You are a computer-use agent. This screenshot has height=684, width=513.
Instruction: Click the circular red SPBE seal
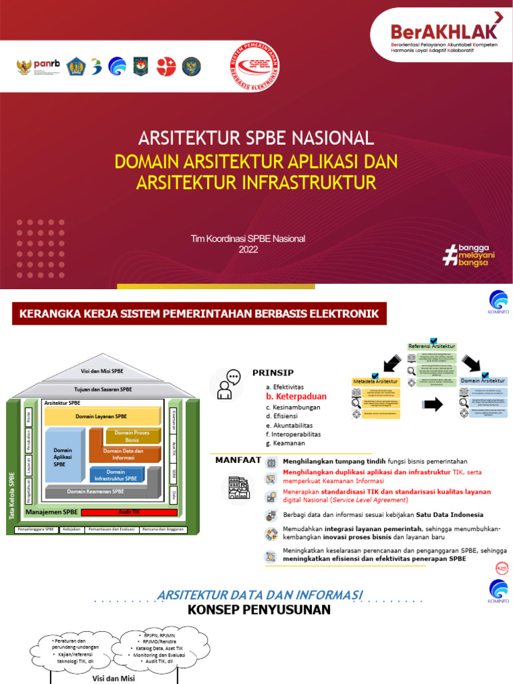click(254, 67)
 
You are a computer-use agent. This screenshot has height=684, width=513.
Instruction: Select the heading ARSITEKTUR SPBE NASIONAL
click(256, 138)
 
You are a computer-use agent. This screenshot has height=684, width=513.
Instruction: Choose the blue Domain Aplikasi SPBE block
click(63, 457)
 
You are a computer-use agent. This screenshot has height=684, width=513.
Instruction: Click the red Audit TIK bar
click(128, 512)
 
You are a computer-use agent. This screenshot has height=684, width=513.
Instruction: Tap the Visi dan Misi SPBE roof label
click(102, 371)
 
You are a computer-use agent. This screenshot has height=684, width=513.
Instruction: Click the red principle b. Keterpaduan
click(296, 396)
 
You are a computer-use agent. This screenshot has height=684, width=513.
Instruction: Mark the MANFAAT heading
click(238, 460)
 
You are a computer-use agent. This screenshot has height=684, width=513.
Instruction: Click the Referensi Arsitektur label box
click(432, 346)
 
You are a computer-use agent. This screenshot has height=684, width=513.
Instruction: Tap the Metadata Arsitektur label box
click(376, 381)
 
